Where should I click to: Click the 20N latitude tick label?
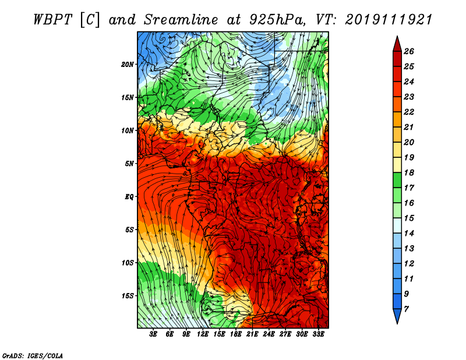pos(128,65)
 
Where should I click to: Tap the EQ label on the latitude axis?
pos(129,197)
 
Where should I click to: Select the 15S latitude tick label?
pos(128,296)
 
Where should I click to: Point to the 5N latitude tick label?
pos(129,164)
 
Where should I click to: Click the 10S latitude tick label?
pos(128,263)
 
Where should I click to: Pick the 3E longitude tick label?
pos(153,334)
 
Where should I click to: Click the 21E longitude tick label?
pos(252,334)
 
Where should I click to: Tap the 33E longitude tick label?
pos(318,334)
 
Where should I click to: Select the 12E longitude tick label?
pos(202,334)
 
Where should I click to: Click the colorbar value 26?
pos(409,51)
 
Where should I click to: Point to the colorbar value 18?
pos(409,172)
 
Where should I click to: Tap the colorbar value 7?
pos(406,309)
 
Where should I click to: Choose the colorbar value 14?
pos(409,234)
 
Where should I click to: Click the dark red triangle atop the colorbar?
pos(397,44)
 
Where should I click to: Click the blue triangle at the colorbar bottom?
pos(397,316)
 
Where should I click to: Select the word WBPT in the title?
pos(52,20)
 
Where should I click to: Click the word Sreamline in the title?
pos(181,20)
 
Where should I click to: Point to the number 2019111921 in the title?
pos(389,20)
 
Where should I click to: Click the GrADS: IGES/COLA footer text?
pos(33,356)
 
